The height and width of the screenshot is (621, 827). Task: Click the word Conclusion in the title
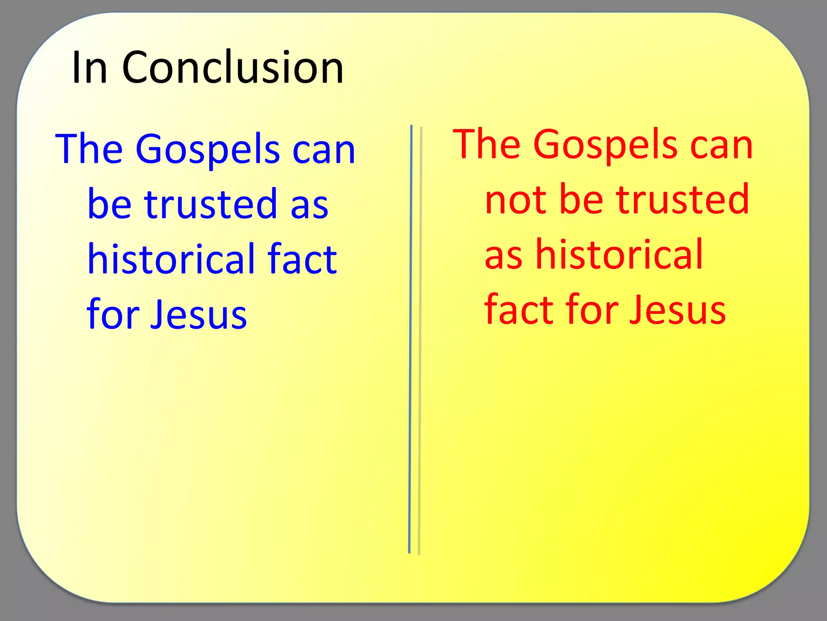point(233,67)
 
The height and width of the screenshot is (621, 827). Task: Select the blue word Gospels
point(208,150)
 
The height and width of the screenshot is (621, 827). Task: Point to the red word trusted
point(683,199)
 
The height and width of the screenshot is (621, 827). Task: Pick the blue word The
point(89,149)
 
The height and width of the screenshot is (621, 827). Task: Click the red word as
point(504,255)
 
